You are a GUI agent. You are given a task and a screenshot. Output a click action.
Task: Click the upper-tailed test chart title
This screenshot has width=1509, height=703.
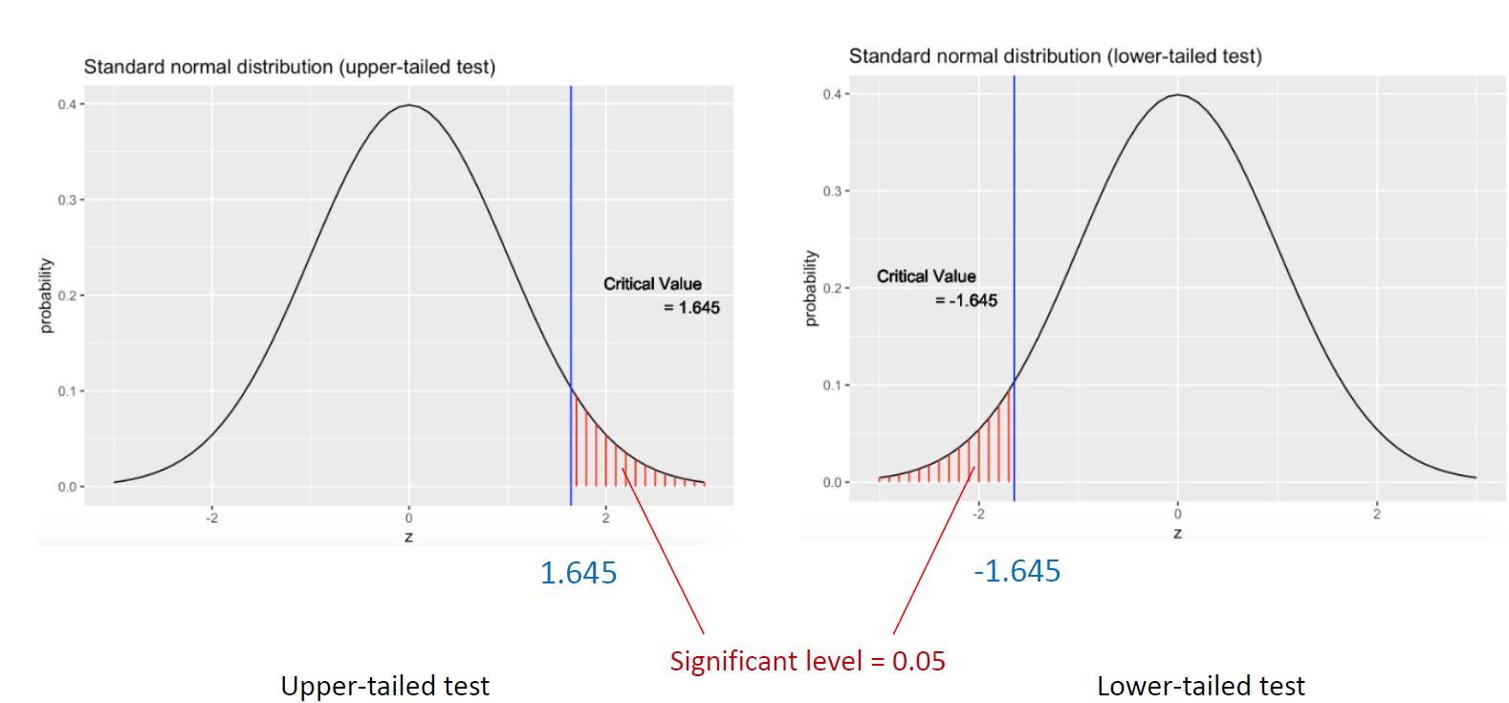(289, 67)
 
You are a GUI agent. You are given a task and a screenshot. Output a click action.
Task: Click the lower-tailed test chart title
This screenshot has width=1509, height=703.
(1055, 56)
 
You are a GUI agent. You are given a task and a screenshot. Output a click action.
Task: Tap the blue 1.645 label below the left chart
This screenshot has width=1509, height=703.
(579, 573)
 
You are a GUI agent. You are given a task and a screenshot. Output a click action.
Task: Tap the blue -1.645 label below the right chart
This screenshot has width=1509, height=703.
(1017, 571)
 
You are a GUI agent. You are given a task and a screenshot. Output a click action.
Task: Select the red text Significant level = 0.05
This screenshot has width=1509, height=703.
(807, 661)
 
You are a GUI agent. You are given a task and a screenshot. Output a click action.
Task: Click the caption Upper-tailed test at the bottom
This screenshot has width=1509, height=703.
(384, 686)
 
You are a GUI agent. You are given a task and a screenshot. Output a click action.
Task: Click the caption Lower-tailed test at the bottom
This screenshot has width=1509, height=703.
(1200, 686)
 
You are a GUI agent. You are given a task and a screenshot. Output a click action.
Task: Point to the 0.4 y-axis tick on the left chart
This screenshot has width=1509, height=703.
(66, 104)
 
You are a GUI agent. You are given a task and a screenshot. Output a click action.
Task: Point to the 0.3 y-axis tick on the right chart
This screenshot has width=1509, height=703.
(832, 191)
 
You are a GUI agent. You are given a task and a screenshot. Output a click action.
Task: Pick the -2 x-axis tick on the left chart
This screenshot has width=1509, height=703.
(212, 518)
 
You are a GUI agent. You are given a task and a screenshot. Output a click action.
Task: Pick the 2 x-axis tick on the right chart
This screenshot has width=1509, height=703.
(1377, 515)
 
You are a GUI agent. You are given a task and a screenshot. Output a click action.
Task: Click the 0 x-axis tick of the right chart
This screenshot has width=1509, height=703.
(1178, 515)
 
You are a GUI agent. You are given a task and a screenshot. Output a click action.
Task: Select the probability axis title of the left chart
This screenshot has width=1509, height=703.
(46, 296)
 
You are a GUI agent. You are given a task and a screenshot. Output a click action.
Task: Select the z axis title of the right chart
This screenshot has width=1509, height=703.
(1178, 534)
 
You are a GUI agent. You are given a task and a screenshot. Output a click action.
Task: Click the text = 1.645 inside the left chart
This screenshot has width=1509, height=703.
(692, 308)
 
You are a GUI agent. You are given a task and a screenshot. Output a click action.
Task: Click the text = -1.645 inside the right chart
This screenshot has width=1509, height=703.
(966, 300)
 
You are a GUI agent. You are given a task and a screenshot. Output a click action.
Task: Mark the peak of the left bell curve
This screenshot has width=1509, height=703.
(409, 105)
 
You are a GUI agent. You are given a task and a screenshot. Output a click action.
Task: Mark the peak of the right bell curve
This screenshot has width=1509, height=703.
(1179, 95)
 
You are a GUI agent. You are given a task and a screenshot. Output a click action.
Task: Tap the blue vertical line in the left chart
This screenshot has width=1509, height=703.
(571, 239)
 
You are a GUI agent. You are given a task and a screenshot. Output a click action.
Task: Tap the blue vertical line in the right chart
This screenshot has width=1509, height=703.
(1015, 210)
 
